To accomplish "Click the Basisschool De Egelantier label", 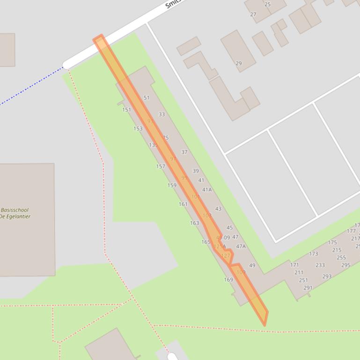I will click(x=15, y=213).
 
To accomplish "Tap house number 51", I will click(x=147, y=98).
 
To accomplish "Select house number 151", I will click(x=126, y=110).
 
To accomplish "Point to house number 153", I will click(x=138, y=129).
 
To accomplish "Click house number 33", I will click(x=162, y=114).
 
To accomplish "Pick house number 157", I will click(x=161, y=166).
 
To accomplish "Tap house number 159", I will click(x=172, y=185).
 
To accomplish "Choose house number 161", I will click(x=183, y=204).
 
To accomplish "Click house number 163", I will click(x=194, y=223).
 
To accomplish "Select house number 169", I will click(x=228, y=280).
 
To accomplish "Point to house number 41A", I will click(x=207, y=190).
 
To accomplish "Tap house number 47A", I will click(x=241, y=246).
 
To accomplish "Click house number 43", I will click(x=218, y=209).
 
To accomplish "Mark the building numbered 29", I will click(x=239, y=63).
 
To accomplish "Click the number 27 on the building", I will click(x=253, y=14).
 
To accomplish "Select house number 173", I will click(x=313, y=254).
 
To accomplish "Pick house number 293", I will click(x=327, y=276).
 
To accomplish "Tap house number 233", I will click(x=320, y=265).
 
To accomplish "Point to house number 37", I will click(x=184, y=152).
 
